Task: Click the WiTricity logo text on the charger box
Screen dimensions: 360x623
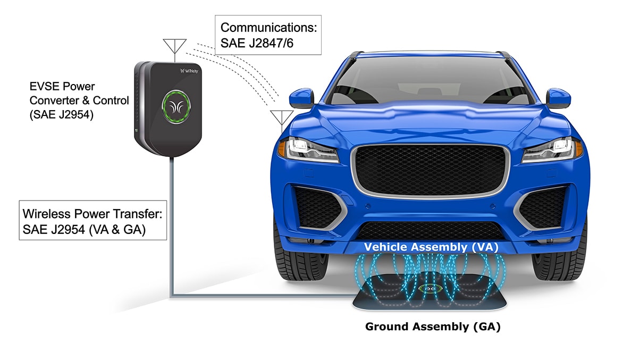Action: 189,70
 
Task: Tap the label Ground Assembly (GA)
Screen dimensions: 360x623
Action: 433,326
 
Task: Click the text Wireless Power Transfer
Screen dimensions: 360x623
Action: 91,214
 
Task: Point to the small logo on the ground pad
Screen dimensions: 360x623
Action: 428,289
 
